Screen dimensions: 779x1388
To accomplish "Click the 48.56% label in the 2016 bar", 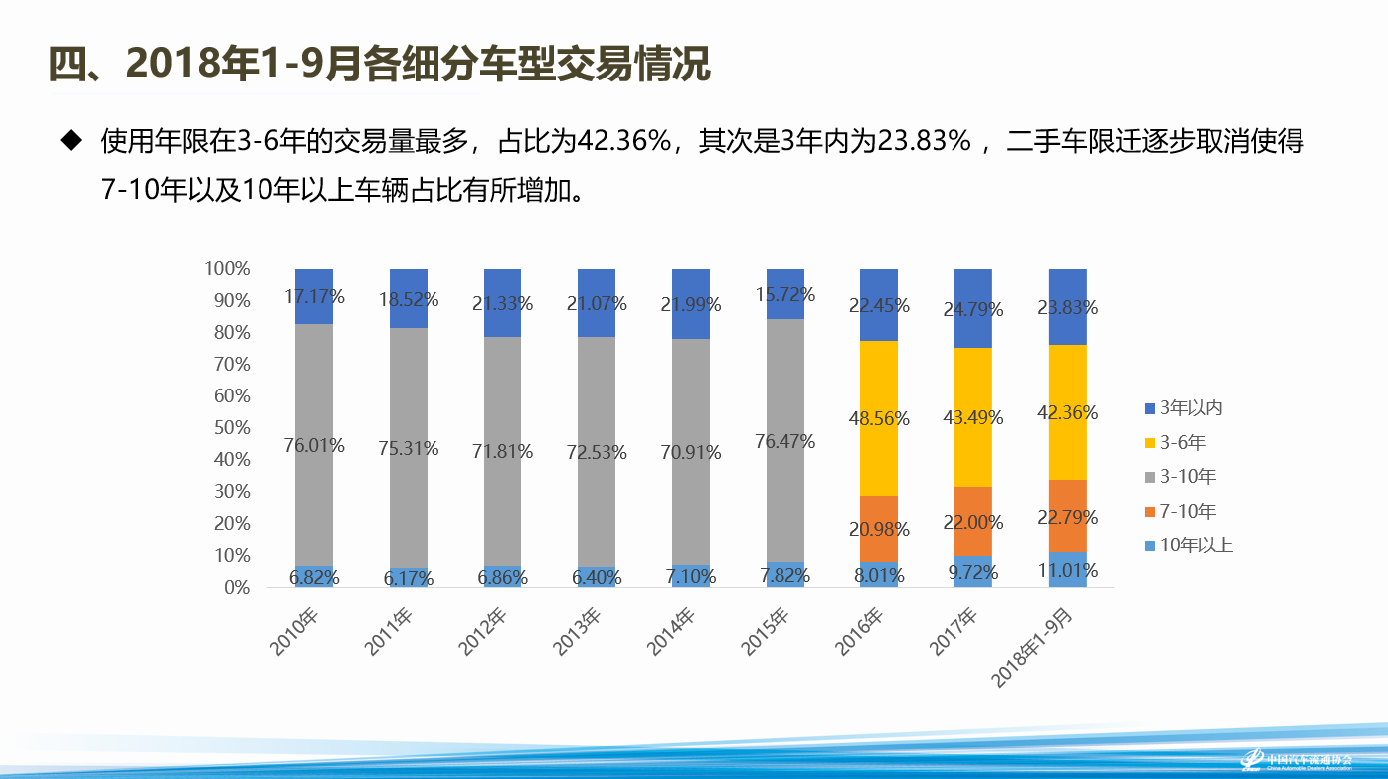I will [x=879, y=418].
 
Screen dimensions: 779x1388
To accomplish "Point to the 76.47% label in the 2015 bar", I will [x=784, y=441].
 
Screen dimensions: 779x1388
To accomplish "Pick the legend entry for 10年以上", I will [x=1190, y=545].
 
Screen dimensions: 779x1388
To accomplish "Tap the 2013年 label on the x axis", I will [x=578, y=632].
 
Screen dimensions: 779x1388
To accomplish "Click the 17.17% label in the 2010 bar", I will [x=314, y=296].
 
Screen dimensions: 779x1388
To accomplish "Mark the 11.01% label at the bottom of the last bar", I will [x=1067, y=570].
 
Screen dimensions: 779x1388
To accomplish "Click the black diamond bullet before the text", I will [x=70, y=140].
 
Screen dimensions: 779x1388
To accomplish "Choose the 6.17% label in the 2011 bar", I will [x=408, y=576].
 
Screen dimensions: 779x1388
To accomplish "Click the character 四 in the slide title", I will [x=69, y=65].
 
